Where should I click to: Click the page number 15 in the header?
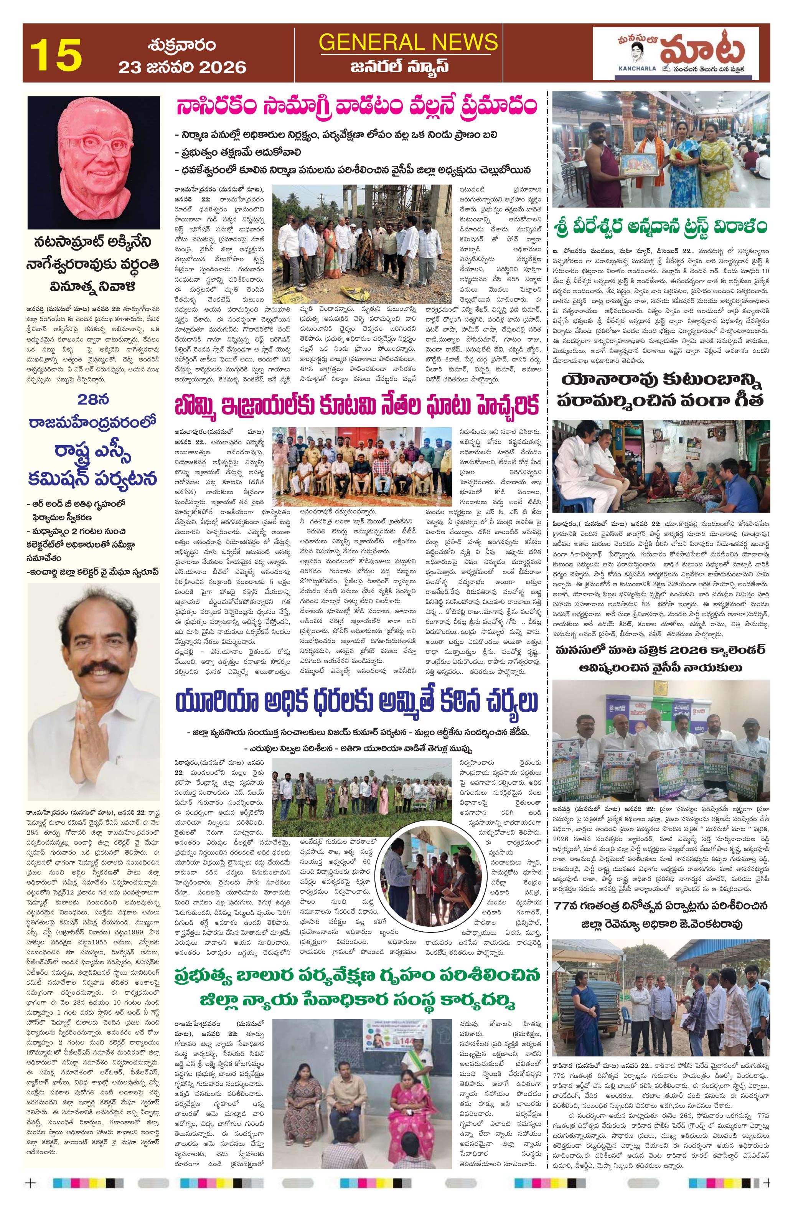coord(56,54)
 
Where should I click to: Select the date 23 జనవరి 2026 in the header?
coord(182,67)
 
